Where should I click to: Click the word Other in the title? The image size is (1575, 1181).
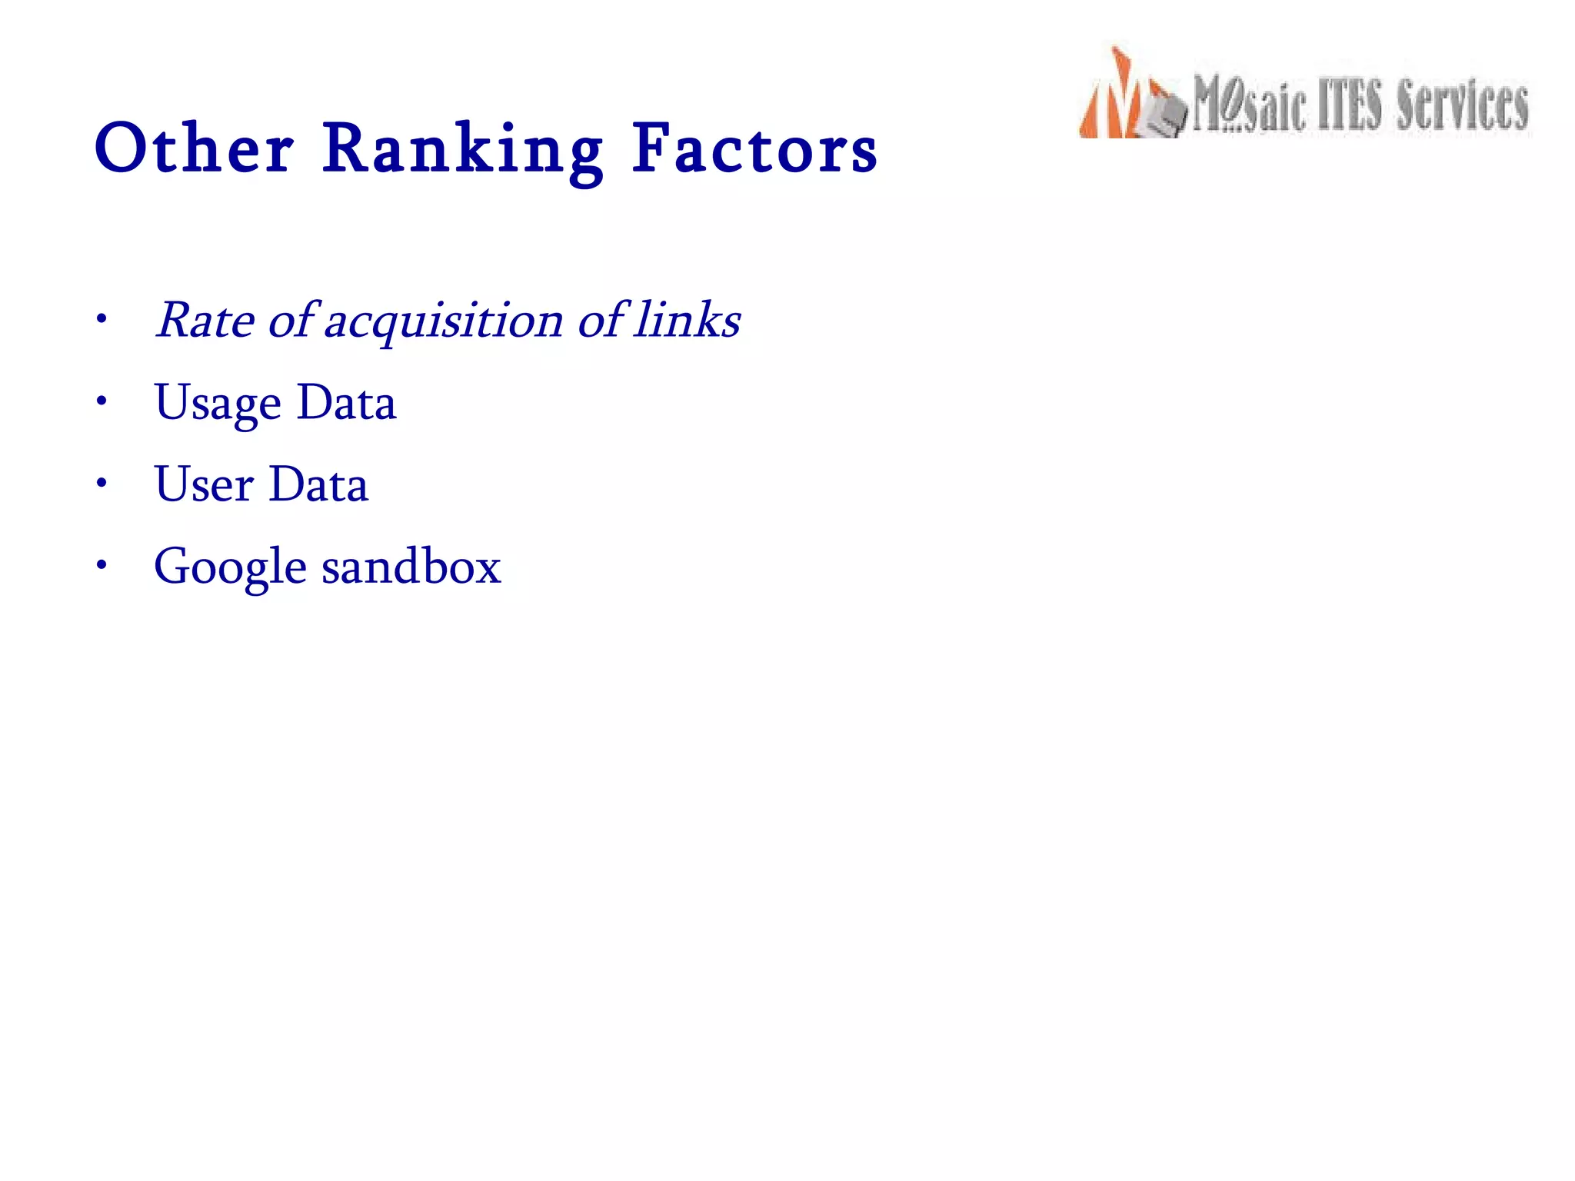pyautogui.click(x=194, y=148)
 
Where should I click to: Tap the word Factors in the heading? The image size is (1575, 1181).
pyautogui.click(x=754, y=148)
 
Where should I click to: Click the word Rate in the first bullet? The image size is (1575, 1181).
pyautogui.click(x=205, y=320)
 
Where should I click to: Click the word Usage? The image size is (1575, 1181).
pyautogui.click(x=218, y=404)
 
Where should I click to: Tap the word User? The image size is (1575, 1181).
pyautogui.click(x=204, y=484)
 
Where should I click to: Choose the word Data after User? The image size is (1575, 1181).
pyautogui.click(x=319, y=484)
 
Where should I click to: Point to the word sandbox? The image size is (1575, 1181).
pyautogui.click(x=411, y=567)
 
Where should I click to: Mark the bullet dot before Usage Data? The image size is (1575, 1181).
pyautogui.click(x=101, y=401)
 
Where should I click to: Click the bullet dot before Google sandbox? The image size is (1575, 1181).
pyautogui.click(x=101, y=565)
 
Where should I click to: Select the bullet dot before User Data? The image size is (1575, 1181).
pyautogui.click(x=101, y=483)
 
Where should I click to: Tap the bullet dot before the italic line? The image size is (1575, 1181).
pyautogui.click(x=101, y=318)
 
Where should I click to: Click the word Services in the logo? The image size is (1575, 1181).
pyautogui.click(x=1462, y=105)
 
